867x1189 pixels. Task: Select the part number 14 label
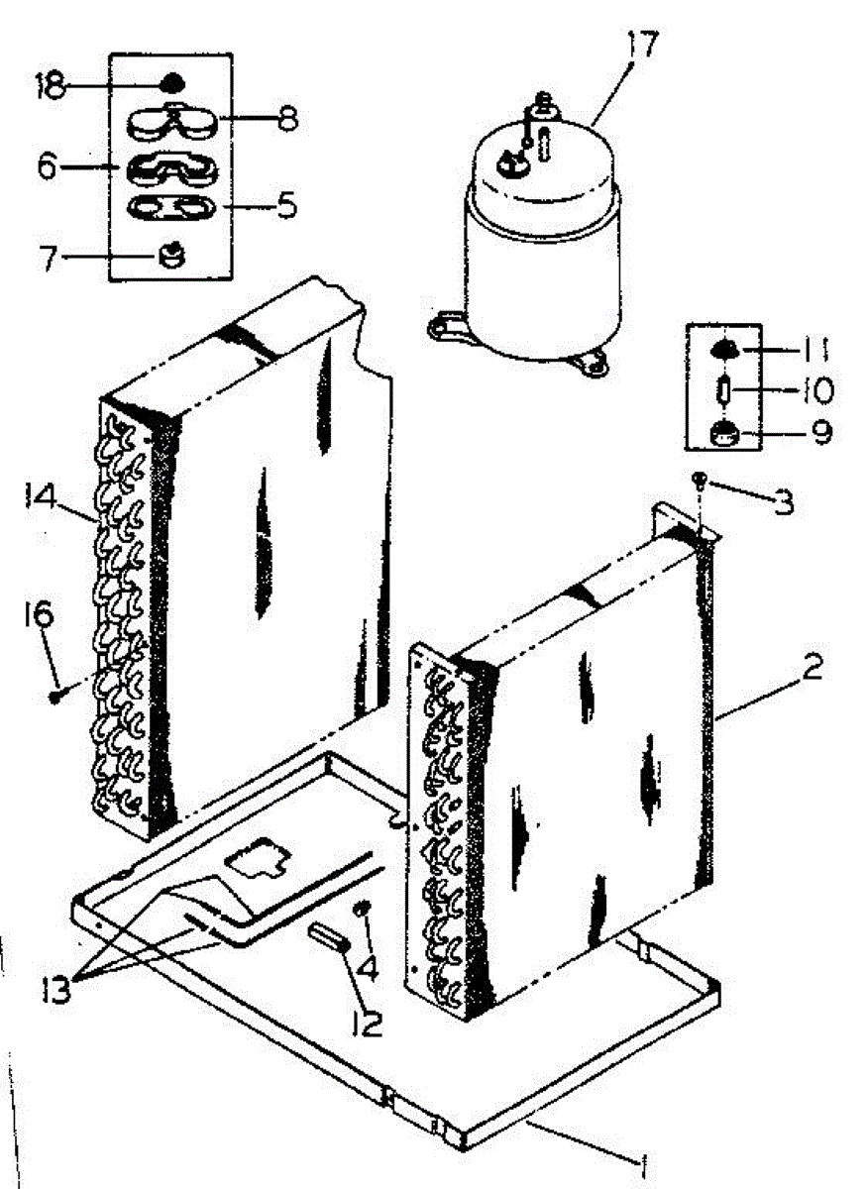coord(38,492)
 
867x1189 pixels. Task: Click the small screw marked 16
coord(55,697)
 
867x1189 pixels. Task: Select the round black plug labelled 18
coord(171,82)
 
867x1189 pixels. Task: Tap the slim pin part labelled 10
coord(726,389)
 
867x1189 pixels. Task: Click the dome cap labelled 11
coord(725,348)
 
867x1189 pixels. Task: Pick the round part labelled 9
coord(726,432)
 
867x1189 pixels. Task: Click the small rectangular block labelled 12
coord(327,935)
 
